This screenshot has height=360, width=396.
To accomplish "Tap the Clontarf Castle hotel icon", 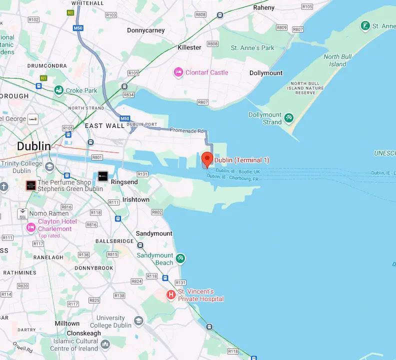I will pos(178,72).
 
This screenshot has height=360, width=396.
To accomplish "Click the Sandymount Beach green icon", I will pos(180,258).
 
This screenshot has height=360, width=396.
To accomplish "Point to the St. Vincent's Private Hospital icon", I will pos(171,295).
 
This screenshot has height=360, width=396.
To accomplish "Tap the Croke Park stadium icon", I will pos(59,90).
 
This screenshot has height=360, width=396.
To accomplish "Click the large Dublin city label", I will pos(33,146).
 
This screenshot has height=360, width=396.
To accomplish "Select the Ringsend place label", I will pos(124,182).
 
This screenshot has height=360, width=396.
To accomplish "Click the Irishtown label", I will pos(136,199).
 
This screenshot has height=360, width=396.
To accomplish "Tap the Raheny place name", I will pos(264,7).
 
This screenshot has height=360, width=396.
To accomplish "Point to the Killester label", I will pos(189,47).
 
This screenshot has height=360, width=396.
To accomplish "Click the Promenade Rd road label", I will pos(187,130).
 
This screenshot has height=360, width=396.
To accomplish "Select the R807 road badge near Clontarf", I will pos(202,102).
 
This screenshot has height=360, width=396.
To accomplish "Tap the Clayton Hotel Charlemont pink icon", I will pos(31,227).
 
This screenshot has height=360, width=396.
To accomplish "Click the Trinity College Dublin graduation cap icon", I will pos(49,166).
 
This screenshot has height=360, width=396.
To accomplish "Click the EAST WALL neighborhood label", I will pos(104,126).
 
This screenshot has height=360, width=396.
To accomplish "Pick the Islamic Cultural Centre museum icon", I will pos(105,344).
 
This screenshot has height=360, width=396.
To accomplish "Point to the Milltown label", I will pos(67,323).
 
